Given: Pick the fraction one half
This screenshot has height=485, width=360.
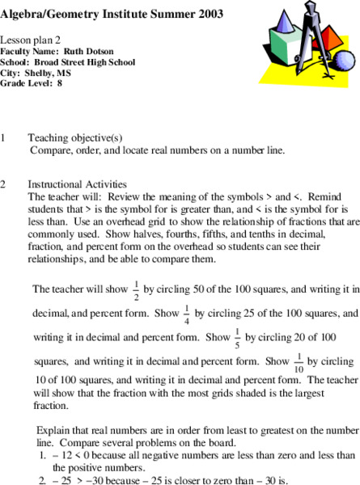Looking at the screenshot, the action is [136, 290].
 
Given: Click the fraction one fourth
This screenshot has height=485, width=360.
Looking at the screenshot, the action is [186, 313].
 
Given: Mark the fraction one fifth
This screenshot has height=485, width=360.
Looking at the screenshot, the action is [238, 336].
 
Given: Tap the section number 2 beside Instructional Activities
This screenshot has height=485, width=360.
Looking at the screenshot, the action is [4, 184].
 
